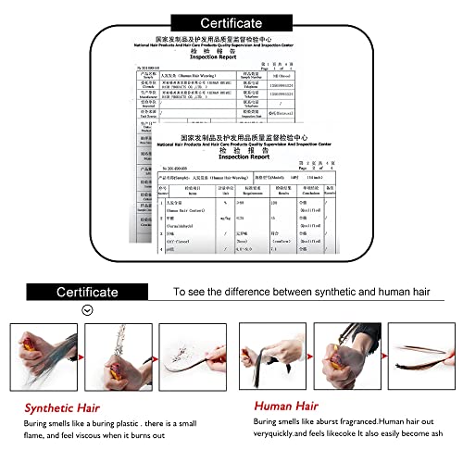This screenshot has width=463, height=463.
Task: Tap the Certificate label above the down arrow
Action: click(87, 292)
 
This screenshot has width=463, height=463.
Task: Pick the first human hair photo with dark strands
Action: click(276, 353)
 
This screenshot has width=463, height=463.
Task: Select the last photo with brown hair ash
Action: click(421, 353)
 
